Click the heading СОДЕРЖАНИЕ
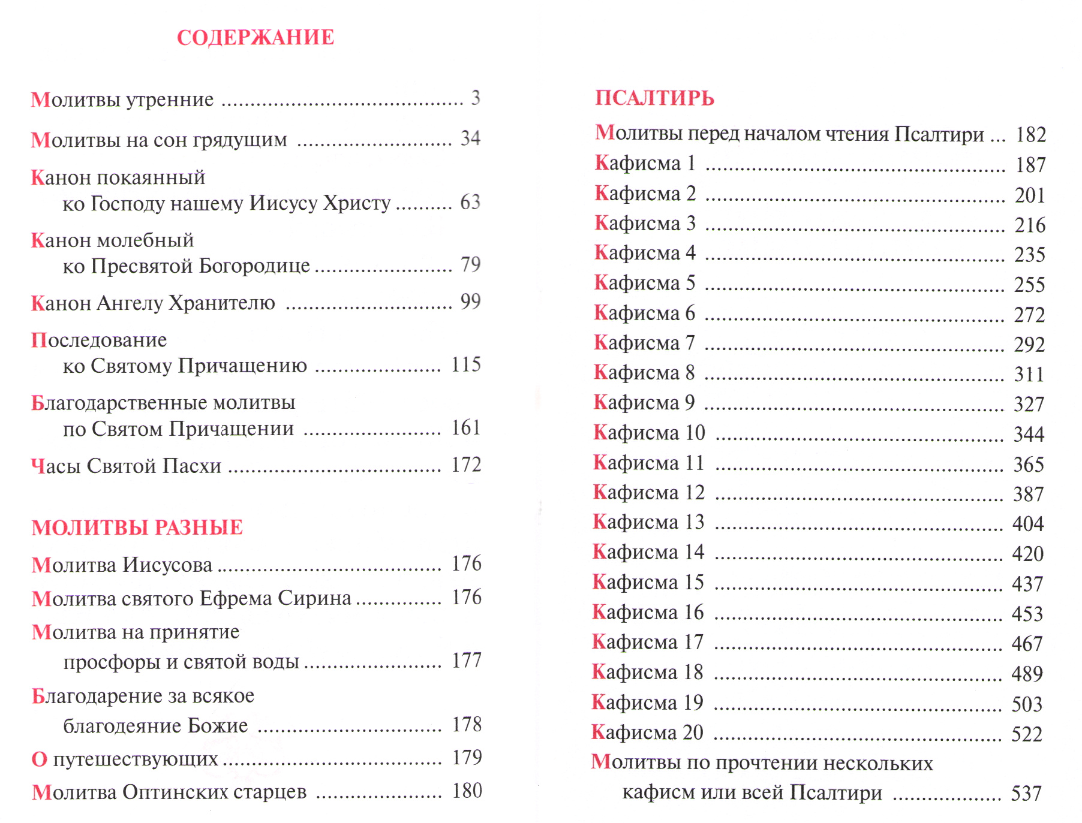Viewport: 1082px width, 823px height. coord(256,37)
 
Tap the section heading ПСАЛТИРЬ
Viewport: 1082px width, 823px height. coord(654,98)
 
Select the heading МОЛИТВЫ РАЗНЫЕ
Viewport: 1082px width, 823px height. coord(137,527)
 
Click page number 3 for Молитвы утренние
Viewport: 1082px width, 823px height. coord(475,98)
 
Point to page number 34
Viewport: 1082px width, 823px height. coord(470,138)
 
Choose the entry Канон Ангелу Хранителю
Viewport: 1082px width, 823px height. coord(153,303)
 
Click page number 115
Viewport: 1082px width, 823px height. coord(466,364)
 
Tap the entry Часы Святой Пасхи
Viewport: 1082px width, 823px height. coord(126,466)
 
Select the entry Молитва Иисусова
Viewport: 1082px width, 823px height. coord(122,565)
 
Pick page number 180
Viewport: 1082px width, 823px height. coord(467,791)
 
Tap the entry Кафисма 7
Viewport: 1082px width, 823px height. coord(644,343)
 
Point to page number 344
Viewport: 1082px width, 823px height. coord(1029,434)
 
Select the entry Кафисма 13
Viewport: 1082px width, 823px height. coord(648,522)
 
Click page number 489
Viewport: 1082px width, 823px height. coord(1027,674)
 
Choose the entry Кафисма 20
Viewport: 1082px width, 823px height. coord(647,732)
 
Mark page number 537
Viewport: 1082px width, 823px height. coord(1026,794)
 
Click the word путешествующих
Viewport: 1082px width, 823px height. coord(136,759)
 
